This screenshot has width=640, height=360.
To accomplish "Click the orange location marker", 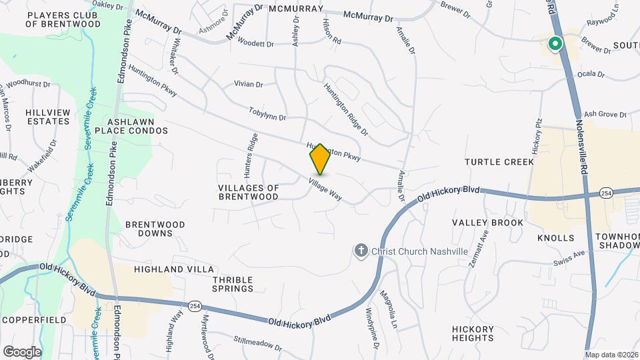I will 320,159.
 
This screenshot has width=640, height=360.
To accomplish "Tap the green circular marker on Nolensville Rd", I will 554,44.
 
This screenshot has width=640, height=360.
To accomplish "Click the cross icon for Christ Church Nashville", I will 361,251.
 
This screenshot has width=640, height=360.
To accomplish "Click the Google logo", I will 22,351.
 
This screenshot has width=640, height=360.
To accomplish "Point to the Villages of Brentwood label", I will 248,192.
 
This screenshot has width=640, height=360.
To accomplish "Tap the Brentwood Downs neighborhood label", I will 155,229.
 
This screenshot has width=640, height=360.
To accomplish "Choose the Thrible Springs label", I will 233,283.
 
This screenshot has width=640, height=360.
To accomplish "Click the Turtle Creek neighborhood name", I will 499,162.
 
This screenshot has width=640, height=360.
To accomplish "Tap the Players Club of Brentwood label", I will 63,19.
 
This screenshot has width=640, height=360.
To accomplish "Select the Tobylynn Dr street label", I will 267,113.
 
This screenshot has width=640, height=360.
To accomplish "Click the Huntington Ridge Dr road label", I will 345,109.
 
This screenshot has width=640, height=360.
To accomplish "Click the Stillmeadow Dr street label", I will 258,343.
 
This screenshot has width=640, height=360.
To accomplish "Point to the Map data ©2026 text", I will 611,355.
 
